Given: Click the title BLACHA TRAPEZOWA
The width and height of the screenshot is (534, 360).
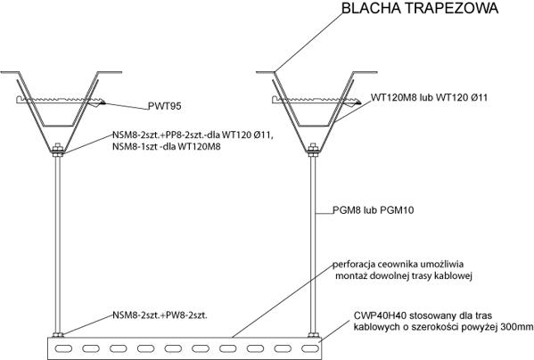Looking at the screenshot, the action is point(420,8).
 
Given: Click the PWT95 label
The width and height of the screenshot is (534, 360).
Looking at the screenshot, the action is point(165,106).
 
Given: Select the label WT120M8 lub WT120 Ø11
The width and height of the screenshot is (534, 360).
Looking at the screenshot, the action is point(429,98).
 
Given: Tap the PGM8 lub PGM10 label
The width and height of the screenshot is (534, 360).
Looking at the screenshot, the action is point(374,210).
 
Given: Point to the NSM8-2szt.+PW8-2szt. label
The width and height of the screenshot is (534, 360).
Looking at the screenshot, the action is point(160,315).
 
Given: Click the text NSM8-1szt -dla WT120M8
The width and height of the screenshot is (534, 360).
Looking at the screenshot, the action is point(167,147).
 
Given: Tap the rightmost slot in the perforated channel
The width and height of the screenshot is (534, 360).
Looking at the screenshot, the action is point(310,348).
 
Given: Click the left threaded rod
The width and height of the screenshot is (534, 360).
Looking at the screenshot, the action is point(58,244).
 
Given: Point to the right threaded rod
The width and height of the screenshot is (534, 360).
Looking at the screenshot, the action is point(313,244).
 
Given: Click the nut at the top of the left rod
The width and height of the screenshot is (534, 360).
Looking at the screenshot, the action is point(58,150).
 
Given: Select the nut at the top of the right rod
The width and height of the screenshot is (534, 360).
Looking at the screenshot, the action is point(313,150).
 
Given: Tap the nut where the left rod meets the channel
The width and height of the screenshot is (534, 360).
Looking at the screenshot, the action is point(58,335).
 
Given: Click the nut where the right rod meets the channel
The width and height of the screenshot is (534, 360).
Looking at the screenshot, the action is point(313,335).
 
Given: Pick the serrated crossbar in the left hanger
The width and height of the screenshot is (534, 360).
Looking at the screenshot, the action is point(61,100).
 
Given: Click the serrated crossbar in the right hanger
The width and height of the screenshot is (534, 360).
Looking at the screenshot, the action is point(316,100).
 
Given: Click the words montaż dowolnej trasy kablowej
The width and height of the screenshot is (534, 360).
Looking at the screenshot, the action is point(404,275).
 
